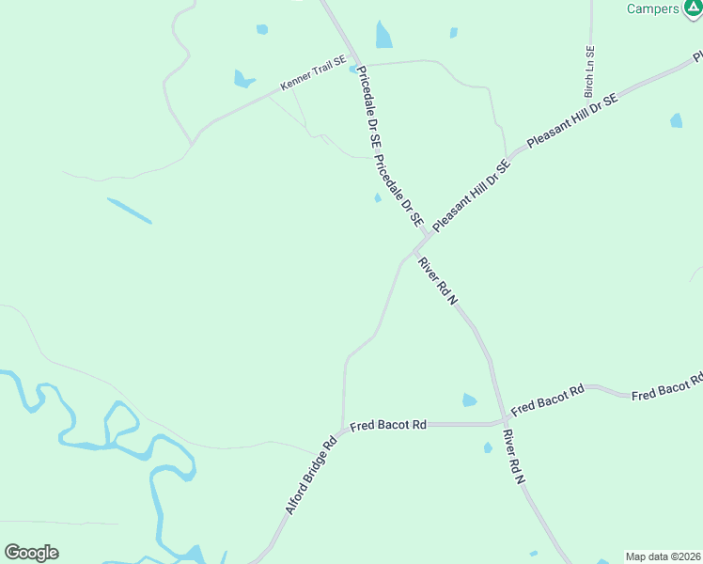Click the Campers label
(x=652, y=9)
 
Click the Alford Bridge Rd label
(x=310, y=478)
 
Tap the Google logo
(x=31, y=553)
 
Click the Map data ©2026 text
(x=663, y=556)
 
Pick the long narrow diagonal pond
(x=129, y=211)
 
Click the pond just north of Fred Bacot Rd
(x=469, y=400)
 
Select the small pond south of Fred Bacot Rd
(x=488, y=447)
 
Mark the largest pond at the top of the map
(x=383, y=35)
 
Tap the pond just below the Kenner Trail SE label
(x=243, y=79)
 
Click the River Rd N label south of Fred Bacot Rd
(x=513, y=458)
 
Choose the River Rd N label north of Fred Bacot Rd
(x=437, y=281)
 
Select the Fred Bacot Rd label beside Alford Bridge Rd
(x=388, y=426)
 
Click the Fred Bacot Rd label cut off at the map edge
(x=667, y=387)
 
